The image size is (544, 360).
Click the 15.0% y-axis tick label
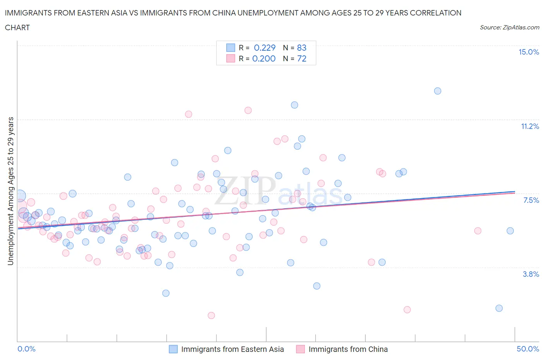(x=529, y=52)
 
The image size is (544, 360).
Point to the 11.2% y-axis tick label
(x=530, y=126)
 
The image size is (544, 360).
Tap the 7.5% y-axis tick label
(x=531, y=200)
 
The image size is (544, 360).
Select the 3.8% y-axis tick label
(x=530, y=274)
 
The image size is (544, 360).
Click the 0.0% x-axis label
(x=26, y=349)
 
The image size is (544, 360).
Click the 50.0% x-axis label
(x=528, y=349)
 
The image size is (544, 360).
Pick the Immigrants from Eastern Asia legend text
(x=232, y=349)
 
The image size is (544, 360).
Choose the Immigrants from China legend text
(x=348, y=349)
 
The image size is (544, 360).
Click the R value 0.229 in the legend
(x=265, y=48)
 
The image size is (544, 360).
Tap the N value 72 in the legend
(x=301, y=58)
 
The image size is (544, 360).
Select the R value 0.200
(x=264, y=58)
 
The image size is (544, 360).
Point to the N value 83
(x=301, y=48)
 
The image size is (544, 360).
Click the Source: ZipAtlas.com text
(x=509, y=27)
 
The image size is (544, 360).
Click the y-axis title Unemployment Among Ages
(x=10, y=191)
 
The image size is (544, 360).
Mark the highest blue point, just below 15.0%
(x=438, y=91)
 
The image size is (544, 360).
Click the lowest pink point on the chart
(x=211, y=315)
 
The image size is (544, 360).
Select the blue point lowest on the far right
(x=499, y=308)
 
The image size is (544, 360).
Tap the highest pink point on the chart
(x=248, y=110)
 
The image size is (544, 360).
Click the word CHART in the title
(x=17, y=27)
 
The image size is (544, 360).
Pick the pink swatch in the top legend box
(x=231, y=58)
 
